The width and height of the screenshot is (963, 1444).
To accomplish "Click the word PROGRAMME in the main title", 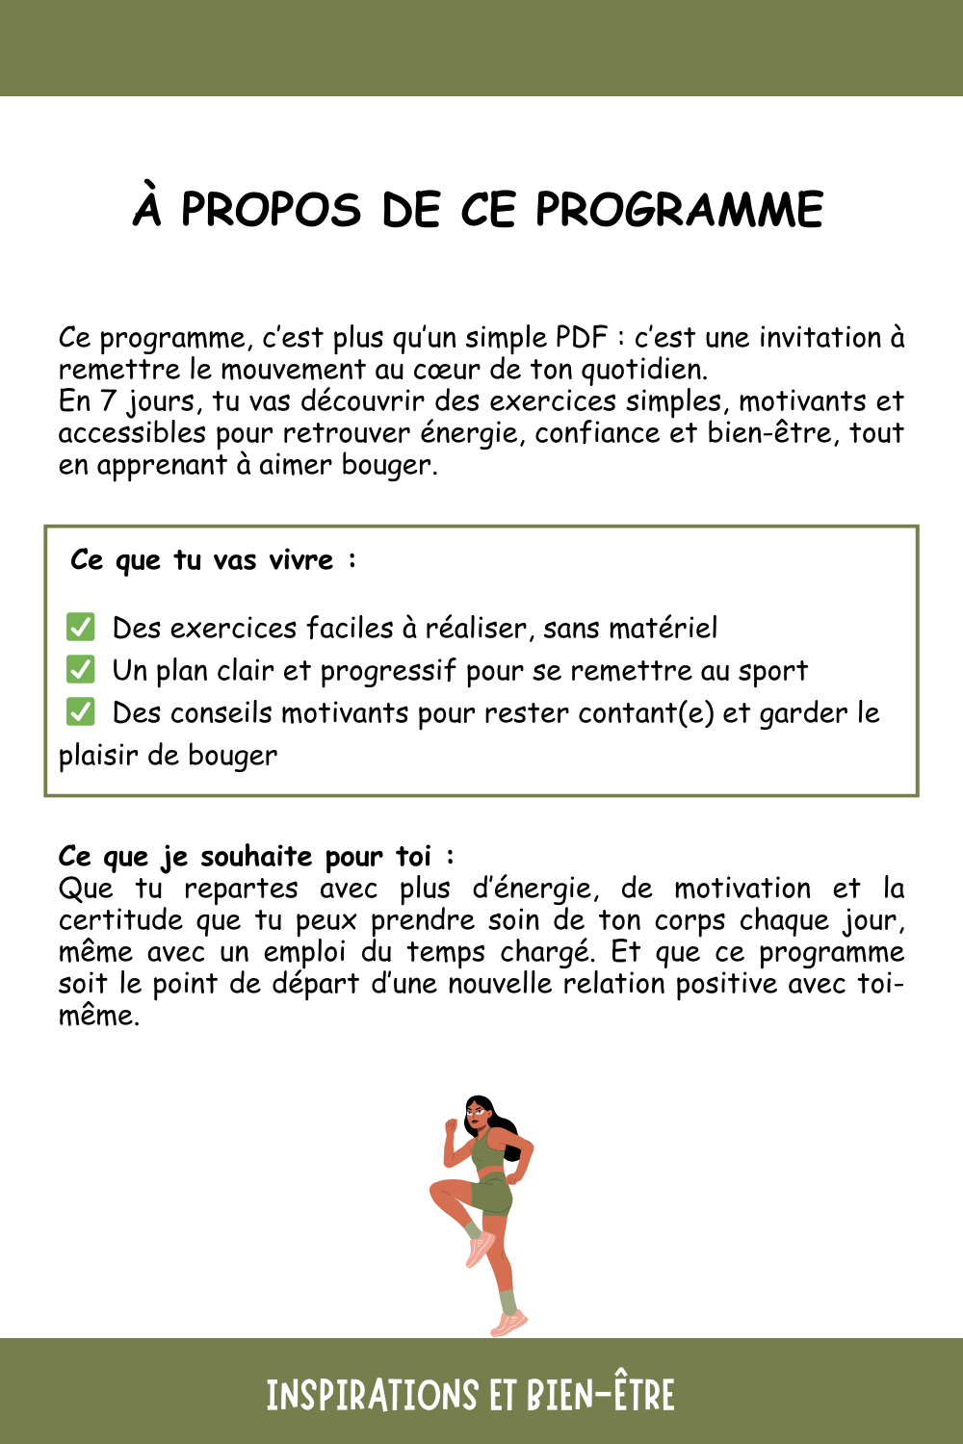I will pos(679,210).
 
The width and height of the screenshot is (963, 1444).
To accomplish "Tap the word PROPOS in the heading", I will pos(271,210).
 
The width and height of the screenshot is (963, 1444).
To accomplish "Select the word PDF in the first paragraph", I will pos(582,338).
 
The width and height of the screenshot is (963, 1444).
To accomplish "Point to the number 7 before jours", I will pos(108,400).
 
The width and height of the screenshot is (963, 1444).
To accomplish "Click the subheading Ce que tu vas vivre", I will pos(213,560).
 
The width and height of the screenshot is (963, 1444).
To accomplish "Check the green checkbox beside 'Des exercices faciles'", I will pos(81,628).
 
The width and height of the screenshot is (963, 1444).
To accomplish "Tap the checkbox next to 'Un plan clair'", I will pos(81,670).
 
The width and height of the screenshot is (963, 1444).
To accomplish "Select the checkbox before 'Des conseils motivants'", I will pos(81,712).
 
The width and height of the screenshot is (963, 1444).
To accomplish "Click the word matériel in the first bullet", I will pos(666,629).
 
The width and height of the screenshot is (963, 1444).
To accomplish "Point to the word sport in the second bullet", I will pos(773,671).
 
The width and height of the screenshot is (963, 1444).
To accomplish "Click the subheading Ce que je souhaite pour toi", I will pos(255,856).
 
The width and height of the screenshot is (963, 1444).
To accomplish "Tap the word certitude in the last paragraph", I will pos(120,920).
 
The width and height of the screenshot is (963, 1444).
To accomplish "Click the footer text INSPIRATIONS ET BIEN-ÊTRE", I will pos(471,1395).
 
